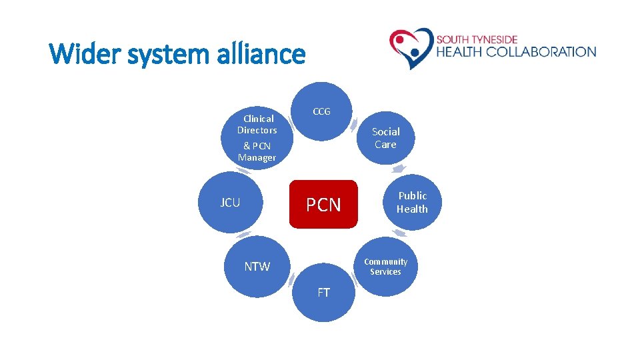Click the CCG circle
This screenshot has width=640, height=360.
coord(322,111)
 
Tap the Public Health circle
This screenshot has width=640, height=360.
coord(412,202)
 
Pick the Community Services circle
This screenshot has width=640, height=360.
coord(385,267)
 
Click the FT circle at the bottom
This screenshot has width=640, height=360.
coord(323,293)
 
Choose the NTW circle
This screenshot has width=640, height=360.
coord(257,267)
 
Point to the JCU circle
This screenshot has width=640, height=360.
coord(230,203)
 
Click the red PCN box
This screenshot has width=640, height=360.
coord(323,204)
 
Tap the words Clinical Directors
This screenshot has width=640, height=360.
coord(257,124)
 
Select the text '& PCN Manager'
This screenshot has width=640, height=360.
coord(257,151)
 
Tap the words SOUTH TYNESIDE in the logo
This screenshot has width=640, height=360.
coord(477,39)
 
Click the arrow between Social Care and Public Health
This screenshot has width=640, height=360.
coord(399,169)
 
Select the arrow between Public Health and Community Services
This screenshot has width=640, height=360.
coord(399,233)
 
